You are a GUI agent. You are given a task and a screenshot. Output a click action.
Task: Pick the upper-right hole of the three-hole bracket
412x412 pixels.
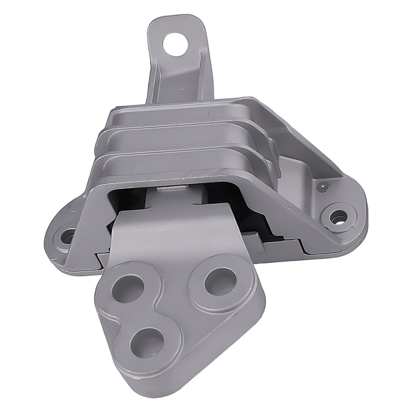coord(220,281)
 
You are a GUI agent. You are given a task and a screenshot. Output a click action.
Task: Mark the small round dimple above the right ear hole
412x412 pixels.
coord(323,187)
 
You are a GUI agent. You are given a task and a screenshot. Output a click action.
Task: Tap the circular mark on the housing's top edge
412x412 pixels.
coord(213,113)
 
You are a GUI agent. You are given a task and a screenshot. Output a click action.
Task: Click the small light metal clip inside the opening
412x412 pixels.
coord(172,189)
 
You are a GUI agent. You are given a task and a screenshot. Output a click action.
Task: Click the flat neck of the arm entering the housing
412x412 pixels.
coord(165,231)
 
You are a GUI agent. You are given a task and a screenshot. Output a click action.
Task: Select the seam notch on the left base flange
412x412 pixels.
coord(99,259)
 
